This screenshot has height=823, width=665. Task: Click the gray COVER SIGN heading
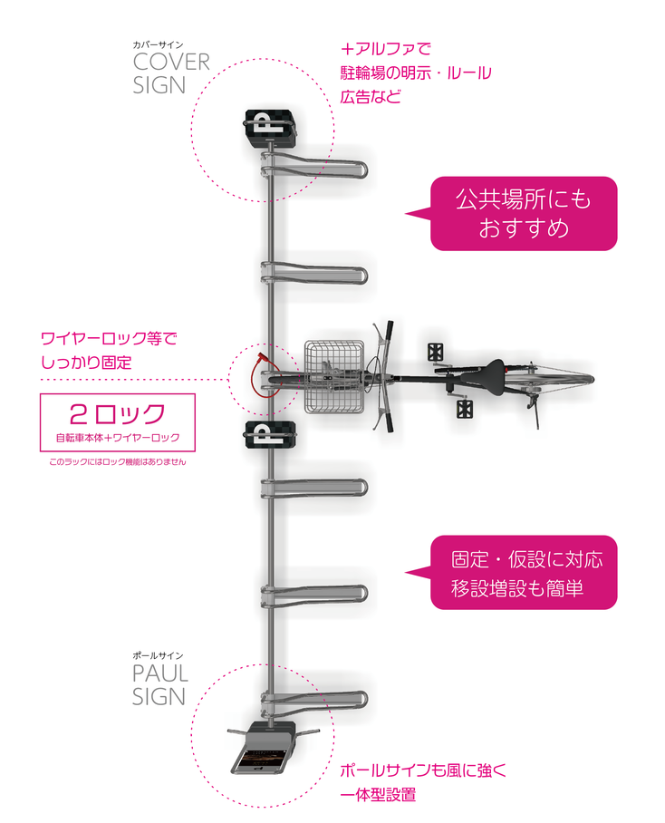click(x=171, y=73)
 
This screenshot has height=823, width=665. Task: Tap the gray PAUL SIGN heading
click(x=160, y=685)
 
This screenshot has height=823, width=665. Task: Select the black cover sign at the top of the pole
click(x=270, y=128)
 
